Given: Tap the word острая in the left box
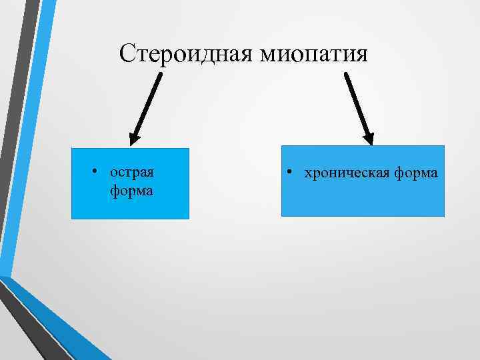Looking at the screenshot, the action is [132, 172].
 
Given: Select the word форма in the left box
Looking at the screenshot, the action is [132, 191].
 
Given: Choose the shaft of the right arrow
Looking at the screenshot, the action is [356, 103].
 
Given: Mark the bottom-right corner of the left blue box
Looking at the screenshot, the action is [189, 219].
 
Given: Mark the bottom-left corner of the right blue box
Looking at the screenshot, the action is [282, 216].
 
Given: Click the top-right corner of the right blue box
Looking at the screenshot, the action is [444, 146].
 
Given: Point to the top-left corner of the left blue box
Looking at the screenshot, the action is [72, 149].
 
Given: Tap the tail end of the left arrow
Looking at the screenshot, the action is [160, 75].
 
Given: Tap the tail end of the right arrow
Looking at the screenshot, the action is [346, 74].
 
